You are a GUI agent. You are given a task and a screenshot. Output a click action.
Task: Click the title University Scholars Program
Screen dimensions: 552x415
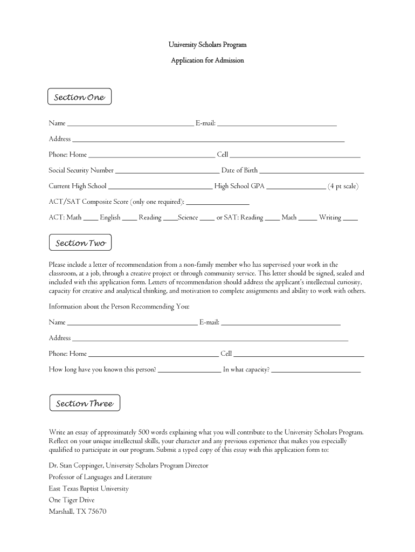[x=207, y=44]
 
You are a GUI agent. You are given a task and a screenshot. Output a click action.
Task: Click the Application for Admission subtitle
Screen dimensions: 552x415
[x=207, y=60]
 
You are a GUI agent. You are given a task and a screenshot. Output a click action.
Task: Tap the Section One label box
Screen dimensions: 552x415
[x=79, y=97]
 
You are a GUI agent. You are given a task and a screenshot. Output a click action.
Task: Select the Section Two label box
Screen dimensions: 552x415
[x=80, y=243]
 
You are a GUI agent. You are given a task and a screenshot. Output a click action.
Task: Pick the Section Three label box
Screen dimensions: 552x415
[x=84, y=403]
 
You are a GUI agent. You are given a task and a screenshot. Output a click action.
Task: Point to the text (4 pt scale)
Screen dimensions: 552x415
[x=343, y=187]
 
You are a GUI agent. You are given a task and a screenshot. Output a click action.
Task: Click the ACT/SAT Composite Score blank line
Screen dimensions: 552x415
[x=217, y=204]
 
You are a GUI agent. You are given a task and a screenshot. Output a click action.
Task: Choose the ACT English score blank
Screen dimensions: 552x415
[x=129, y=220]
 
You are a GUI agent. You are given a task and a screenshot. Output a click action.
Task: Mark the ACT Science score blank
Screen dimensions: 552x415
[x=207, y=220]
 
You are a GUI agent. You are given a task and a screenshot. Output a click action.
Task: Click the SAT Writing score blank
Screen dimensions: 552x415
[x=350, y=220]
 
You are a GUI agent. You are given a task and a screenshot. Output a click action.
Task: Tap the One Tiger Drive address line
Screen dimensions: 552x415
[x=72, y=500]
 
